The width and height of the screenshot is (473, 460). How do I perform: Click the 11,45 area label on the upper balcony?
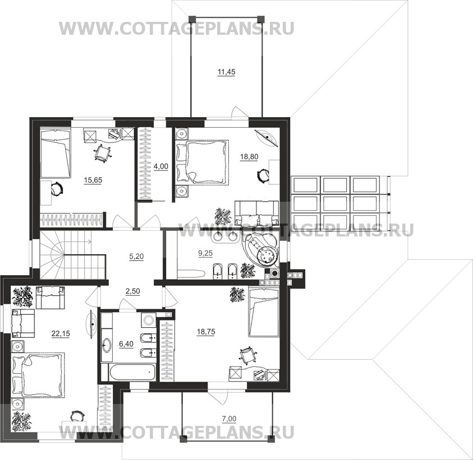coord(226,72)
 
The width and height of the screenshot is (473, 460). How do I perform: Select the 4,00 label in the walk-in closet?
coord(161,166)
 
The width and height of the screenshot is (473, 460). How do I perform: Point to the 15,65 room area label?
coord(93,180)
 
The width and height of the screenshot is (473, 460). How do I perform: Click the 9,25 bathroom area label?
coord(205,253)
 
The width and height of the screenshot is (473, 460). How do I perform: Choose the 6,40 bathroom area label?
coord(126,343)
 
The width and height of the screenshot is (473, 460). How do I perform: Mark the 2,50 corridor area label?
coord(133,291)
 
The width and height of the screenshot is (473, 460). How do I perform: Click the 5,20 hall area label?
coord(136,257)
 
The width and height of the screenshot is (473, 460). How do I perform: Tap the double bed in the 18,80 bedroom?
coord(203,161)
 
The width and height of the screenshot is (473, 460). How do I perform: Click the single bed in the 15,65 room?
coord(55,154)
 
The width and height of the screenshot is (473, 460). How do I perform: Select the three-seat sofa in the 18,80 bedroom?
coord(257,213)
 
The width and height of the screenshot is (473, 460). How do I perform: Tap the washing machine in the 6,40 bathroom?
coord(149,320)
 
